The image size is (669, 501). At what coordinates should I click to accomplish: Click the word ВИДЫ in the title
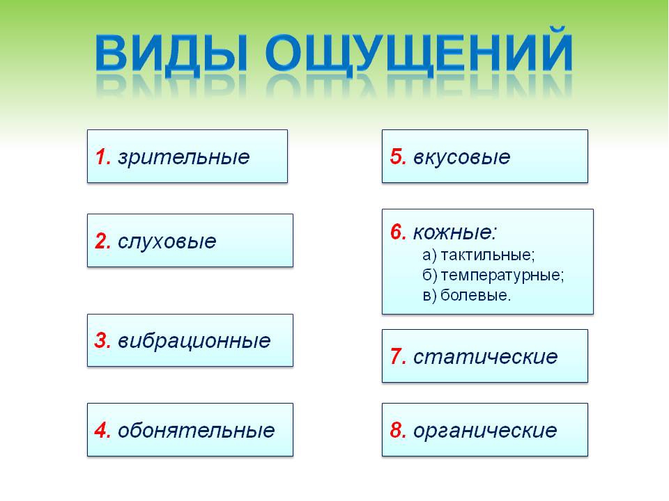pos(171,53)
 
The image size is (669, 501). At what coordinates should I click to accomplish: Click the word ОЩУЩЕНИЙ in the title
pos(419,53)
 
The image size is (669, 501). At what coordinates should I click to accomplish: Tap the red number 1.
pos(103,157)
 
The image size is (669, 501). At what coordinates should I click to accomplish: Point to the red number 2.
pos(103,241)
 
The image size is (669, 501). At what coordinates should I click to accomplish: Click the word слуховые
pos(167,242)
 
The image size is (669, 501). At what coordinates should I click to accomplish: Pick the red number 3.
pos(103,341)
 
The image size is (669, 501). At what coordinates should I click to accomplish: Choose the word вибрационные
pos(194,342)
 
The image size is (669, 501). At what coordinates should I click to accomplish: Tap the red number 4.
pos(103,430)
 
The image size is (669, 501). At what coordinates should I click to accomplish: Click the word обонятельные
pos(197,430)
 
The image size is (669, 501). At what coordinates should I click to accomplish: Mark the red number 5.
pos(398,157)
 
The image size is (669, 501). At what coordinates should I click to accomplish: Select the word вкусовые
pos(461,157)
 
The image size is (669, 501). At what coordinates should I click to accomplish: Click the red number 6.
pos(398,232)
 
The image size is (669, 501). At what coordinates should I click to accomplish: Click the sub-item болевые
pos(475,295)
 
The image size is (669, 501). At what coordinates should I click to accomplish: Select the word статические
pos(485,356)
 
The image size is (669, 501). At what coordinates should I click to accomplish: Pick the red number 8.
pos(398,430)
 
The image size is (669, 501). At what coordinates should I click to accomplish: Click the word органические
pos(485,431)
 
